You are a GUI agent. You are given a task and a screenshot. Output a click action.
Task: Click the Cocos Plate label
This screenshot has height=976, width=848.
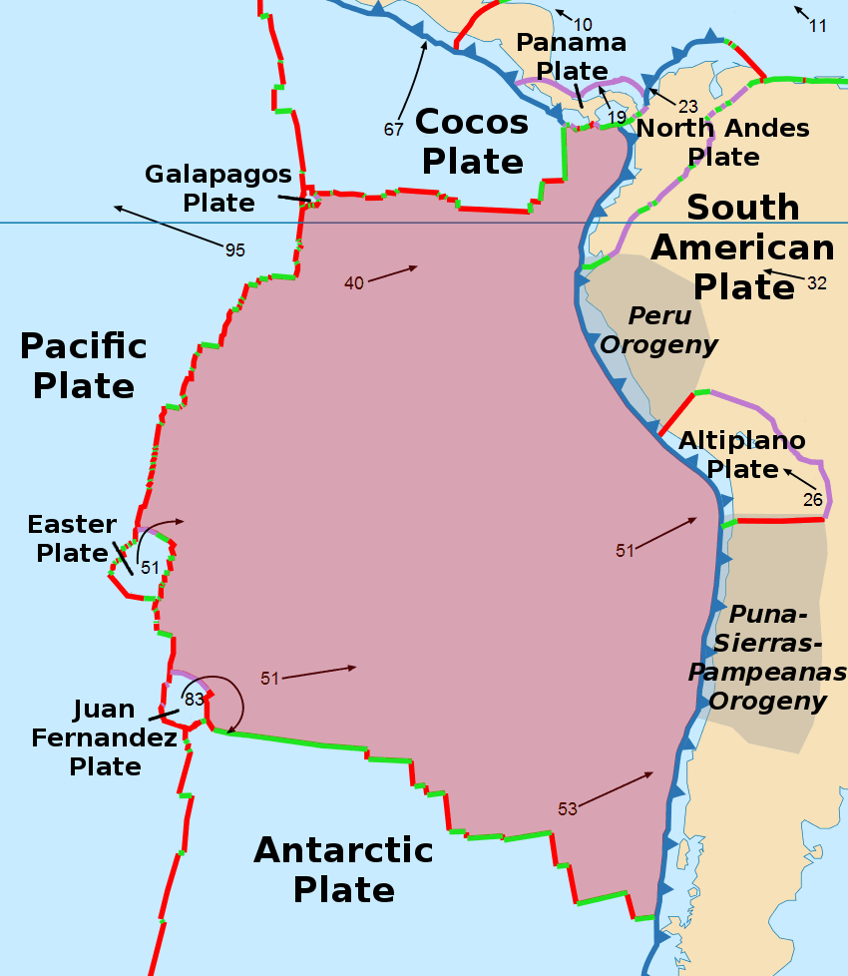[472, 141]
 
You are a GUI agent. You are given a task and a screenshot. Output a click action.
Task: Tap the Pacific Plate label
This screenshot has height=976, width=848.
[84, 365]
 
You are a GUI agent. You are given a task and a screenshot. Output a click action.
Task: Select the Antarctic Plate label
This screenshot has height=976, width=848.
[343, 868]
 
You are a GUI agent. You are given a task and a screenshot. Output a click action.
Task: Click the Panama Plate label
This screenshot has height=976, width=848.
[572, 56]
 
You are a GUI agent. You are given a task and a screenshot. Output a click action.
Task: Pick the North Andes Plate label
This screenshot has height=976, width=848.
[723, 142]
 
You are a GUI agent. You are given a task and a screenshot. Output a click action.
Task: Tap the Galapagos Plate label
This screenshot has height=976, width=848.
[218, 188]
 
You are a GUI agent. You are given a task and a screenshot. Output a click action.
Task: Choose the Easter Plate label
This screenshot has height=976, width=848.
[72, 538]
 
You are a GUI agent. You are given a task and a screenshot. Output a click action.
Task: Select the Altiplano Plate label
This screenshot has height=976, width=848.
[741, 455]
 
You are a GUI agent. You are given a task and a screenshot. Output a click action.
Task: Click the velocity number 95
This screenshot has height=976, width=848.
[234, 250]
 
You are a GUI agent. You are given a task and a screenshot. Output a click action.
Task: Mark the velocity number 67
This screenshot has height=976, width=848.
[394, 129]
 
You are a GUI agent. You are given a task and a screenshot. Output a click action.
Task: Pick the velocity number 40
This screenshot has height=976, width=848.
[354, 283]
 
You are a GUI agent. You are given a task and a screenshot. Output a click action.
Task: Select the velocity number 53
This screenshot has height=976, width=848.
[568, 809]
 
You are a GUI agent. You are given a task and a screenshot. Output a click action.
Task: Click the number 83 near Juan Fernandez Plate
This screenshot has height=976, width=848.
[194, 699]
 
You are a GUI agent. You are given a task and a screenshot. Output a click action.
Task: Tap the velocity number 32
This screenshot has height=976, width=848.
[817, 283]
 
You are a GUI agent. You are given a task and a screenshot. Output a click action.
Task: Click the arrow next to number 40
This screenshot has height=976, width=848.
[391, 274]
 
